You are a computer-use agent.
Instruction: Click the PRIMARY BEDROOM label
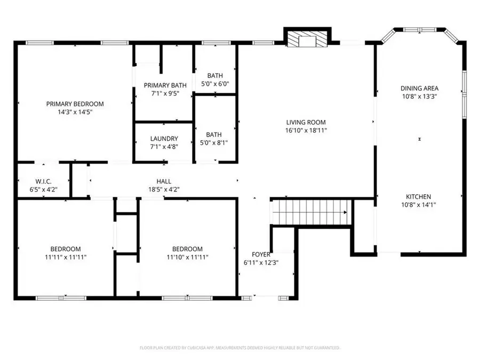pyautogui.click(x=75, y=104)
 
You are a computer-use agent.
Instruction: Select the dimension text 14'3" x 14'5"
pyautogui.click(x=75, y=112)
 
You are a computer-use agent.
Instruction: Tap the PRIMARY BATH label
pyautogui.click(x=164, y=85)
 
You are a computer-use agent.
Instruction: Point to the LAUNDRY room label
pyautogui.click(x=164, y=139)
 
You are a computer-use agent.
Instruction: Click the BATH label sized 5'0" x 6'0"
pyautogui.click(x=215, y=76)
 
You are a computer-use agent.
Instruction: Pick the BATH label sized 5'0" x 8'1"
pyautogui.click(x=215, y=135)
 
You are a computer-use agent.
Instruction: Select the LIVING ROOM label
pyautogui.click(x=305, y=122)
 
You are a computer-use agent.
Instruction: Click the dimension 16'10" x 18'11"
pyautogui.click(x=305, y=130)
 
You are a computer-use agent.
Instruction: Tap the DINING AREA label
pyautogui.click(x=420, y=89)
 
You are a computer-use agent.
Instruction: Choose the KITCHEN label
pyautogui.click(x=420, y=197)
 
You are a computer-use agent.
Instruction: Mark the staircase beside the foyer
pyautogui.click(x=311, y=212)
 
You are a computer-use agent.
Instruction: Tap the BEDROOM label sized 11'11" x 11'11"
pyautogui.click(x=66, y=249)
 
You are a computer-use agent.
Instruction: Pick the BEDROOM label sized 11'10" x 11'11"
pyautogui.click(x=187, y=249)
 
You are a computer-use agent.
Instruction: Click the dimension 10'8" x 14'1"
pyautogui.click(x=420, y=204)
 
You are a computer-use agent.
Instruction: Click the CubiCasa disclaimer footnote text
pyautogui.click(x=240, y=348)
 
